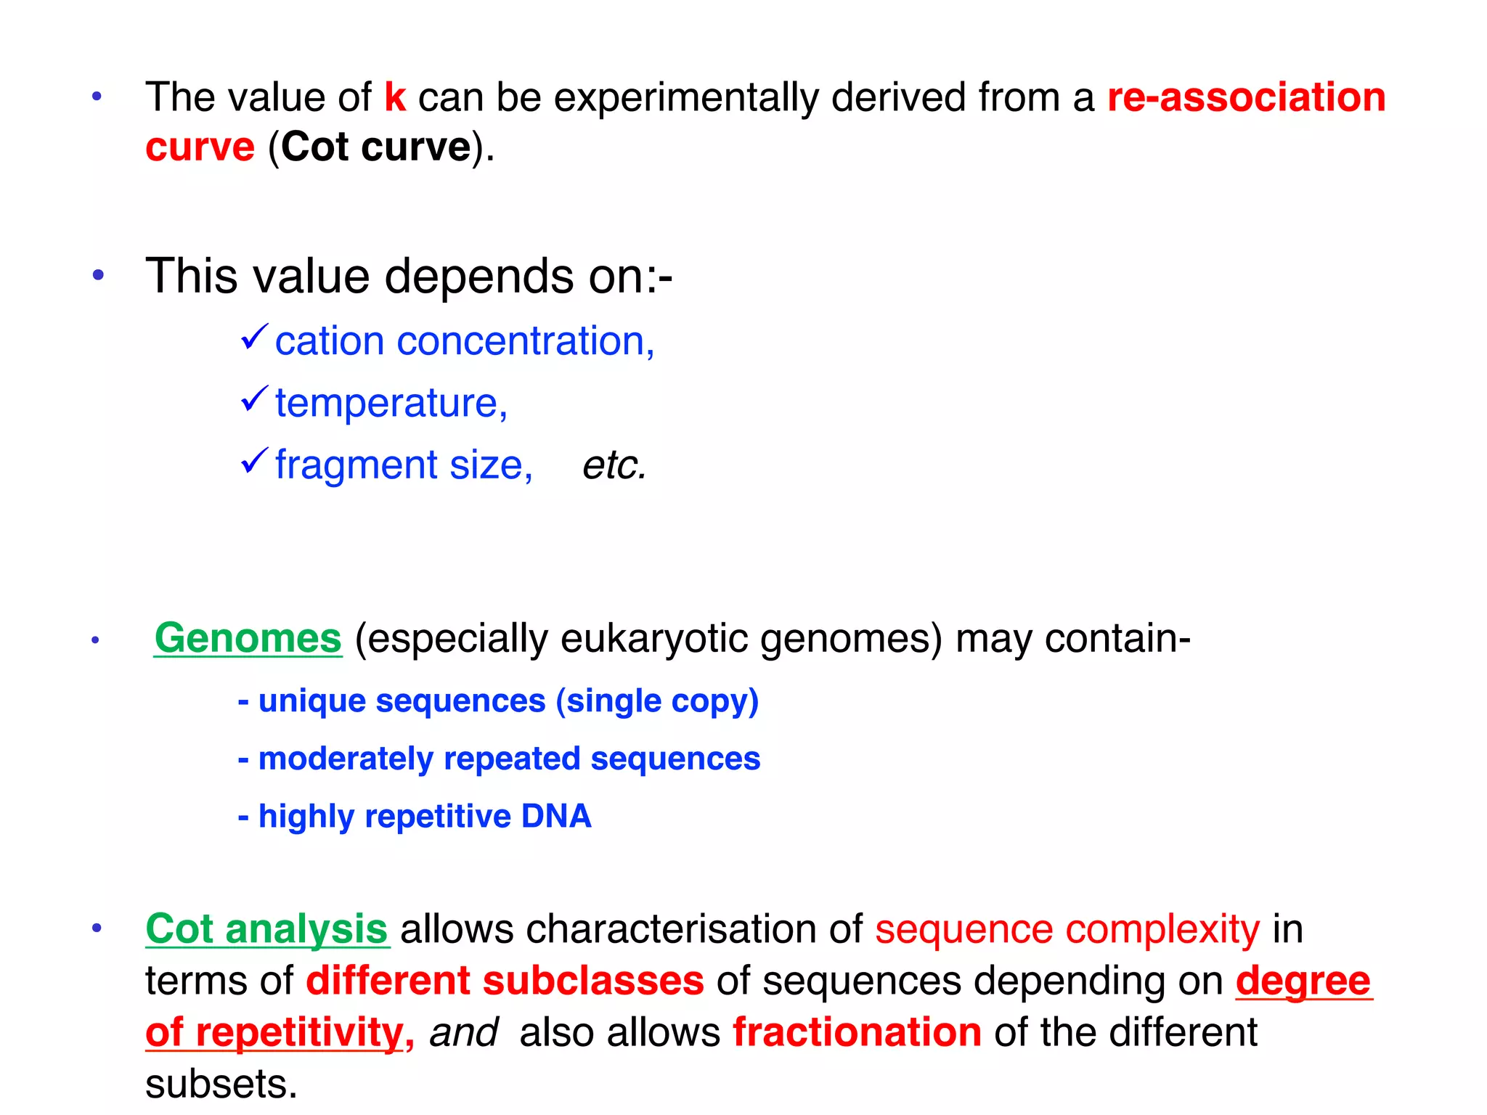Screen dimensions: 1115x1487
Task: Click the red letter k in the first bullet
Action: coord(395,97)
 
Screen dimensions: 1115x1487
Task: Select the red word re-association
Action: coord(1246,97)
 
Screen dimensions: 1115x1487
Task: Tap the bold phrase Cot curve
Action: coord(376,147)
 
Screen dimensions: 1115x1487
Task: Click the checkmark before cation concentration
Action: coord(254,338)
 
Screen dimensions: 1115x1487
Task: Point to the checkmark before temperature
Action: coord(254,399)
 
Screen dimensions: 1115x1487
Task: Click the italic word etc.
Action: coord(614,465)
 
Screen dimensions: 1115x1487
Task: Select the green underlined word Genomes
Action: coord(248,639)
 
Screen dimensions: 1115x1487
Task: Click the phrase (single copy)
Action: coord(657,701)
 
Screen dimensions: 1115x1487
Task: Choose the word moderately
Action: coord(346,759)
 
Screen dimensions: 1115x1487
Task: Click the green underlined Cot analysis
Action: coord(266,929)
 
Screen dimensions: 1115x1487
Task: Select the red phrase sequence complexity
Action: coord(1067,929)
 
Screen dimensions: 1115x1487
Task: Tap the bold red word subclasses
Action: coord(593,981)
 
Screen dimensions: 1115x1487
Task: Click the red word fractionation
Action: coord(857,1032)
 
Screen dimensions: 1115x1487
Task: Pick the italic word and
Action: coord(463,1032)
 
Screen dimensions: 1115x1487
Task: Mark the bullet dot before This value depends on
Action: coord(98,275)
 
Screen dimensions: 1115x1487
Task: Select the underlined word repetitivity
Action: coord(299,1032)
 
